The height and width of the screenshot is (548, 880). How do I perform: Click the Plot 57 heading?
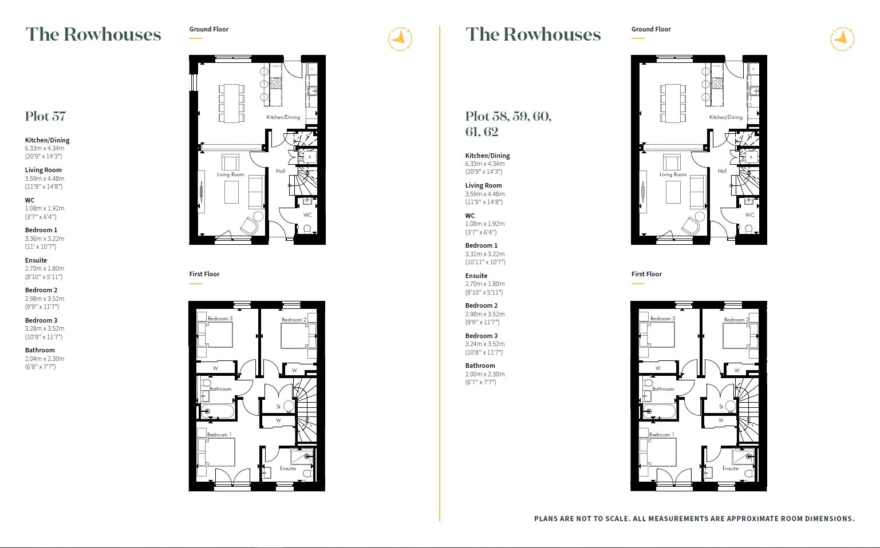tap(45, 116)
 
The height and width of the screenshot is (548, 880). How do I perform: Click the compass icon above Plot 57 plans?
tap(400, 39)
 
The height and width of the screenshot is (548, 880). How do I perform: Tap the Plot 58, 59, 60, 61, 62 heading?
tap(508, 124)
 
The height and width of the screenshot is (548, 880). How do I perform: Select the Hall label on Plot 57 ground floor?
tap(281, 171)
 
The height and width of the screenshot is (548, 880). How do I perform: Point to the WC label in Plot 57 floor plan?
tap(307, 215)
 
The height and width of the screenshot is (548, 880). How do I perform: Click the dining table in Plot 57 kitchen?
tap(231, 103)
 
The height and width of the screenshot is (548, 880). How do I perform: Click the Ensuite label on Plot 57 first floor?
tap(288, 468)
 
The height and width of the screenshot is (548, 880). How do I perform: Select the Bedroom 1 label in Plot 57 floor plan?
tap(219, 435)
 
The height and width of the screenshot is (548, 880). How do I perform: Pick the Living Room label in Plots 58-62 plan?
tap(673, 174)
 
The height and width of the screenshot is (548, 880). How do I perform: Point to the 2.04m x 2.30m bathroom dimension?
tap(45, 359)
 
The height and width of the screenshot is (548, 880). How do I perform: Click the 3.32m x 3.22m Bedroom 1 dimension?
tap(485, 254)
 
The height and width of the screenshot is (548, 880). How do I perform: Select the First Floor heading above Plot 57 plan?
tap(204, 274)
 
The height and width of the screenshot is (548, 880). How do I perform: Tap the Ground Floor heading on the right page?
tap(651, 29)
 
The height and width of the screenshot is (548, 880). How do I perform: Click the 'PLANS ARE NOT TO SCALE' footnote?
tap(694, 519)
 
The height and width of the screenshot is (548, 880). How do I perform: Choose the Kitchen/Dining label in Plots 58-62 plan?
tap(725, 117)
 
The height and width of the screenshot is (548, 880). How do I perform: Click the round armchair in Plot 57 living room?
tap(249, 226)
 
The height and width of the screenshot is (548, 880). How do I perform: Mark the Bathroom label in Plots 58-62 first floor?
tap(663, 388)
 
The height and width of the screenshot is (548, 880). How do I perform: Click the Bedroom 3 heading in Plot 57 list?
tap(41, 320)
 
